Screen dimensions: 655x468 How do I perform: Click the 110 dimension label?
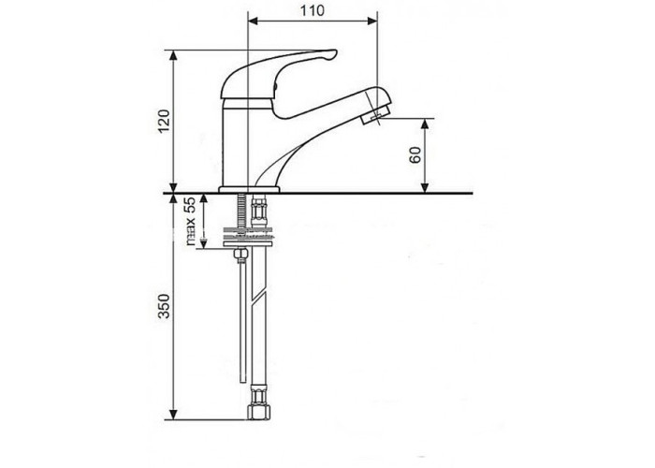(x=312, y=10)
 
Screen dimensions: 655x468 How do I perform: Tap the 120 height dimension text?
(x=164, y=121)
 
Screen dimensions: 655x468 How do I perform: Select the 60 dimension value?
(x=415, y=155)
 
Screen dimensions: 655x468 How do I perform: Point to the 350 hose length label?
(x=164, y=306)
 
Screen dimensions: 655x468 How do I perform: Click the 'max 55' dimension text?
(x=190, y=221)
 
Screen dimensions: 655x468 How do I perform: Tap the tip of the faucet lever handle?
(x=334, y=53)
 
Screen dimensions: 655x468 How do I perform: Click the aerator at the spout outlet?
(x=374, y=114)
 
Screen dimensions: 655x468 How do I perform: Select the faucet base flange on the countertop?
(x=249, y=189)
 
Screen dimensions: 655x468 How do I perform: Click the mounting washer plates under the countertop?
(x=247, y=236)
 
